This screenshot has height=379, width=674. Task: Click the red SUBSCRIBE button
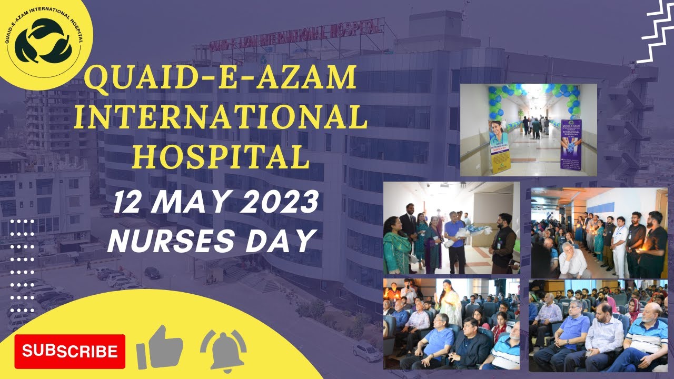tap(70, 351)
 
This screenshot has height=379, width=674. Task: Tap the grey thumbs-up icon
tap(160, 347)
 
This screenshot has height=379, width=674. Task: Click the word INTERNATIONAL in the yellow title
tap(220, 117)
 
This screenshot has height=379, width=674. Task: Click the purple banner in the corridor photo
tap(571, 144)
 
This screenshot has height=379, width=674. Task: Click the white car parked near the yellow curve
tap(367, 352)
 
